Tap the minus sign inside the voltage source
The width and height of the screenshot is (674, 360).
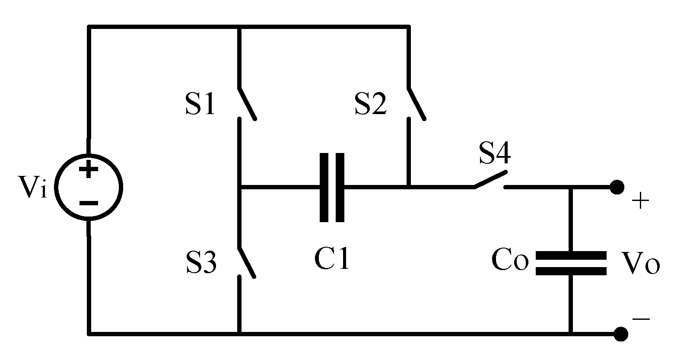click(89, 203)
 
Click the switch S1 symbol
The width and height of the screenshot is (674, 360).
click(247, 104)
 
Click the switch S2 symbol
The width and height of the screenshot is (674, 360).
click(416, 104)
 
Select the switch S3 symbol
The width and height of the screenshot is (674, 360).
click(247, 262)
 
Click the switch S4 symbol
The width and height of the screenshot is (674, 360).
click(490, 181)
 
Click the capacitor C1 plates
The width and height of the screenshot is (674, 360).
click(332, 188)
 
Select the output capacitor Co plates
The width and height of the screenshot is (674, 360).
click(571, 263)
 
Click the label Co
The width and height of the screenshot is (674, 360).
click(510, 261)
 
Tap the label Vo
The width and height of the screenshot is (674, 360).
click(640, 263)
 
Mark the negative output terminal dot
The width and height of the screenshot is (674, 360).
click(621, 334)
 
